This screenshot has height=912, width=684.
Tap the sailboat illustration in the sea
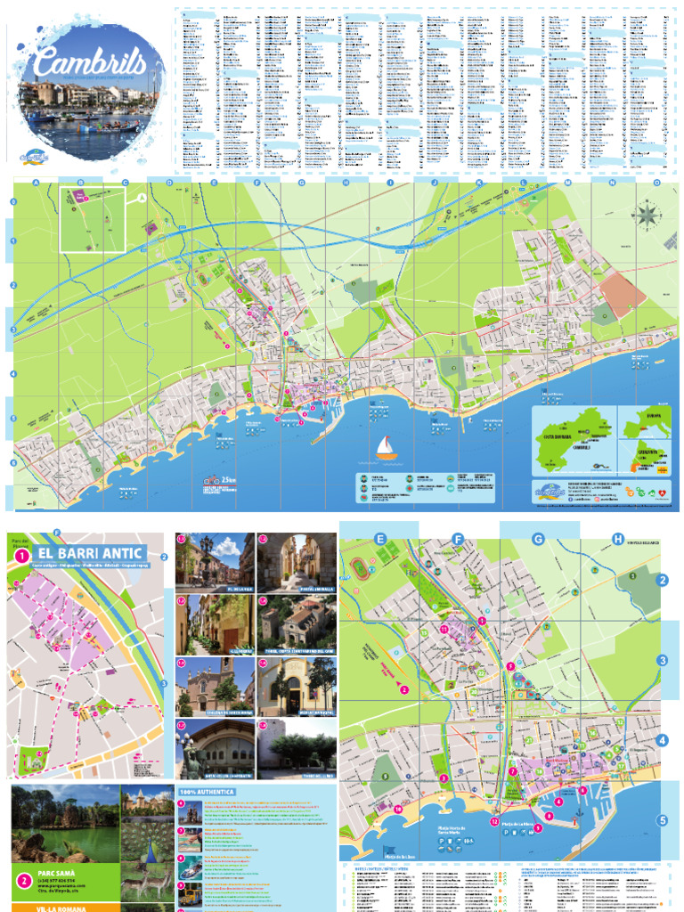[x=387, y=448]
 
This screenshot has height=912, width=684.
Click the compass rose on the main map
[x=647, y=213]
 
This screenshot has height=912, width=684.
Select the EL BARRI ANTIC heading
[x=90, y=554]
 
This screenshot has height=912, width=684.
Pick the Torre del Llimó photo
[x=296, y=748]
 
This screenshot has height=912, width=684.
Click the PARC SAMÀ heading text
[x=63, y=874]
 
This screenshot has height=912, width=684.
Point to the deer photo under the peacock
[x=147, y=877]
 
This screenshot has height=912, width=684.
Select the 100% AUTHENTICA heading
[x=207, y=791]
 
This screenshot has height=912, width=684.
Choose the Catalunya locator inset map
[x=643, y=459]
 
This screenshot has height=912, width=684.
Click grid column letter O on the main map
[x=656, y=183]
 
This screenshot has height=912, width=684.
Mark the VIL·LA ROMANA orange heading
[x=63, y=906]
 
